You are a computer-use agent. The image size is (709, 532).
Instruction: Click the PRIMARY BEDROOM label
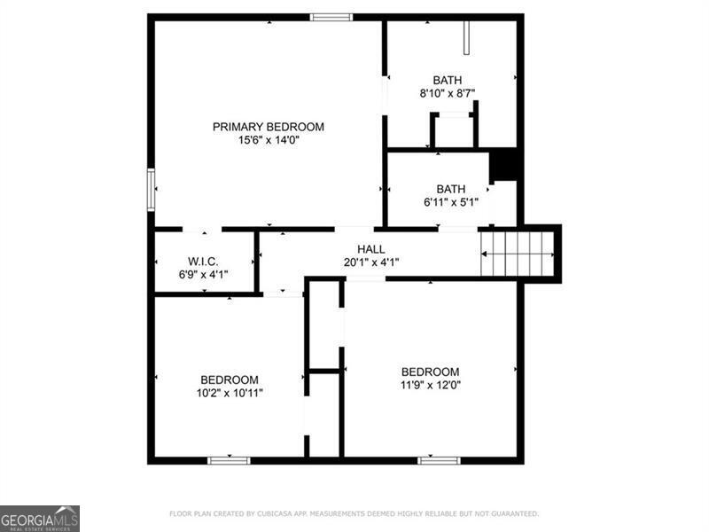click(268, 127)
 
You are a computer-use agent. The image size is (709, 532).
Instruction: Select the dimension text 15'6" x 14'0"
click(268, 140)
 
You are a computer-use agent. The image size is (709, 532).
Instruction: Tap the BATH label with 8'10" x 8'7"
click(447, 81)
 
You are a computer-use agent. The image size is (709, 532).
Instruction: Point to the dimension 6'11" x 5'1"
click(450, 202)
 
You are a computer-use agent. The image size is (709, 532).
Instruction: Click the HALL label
click(370, 249)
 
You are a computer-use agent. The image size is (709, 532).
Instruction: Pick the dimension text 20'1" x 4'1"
click(370, 262)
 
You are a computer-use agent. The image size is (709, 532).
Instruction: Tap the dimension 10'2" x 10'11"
click(229, 393)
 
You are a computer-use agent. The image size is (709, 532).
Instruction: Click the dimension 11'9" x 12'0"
click(430, 385)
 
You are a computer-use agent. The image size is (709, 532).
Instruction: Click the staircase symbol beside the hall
click(518, 253)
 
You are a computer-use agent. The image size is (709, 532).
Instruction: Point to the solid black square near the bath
click(504, 166)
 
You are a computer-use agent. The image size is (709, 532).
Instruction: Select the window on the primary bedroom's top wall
click(331, 17)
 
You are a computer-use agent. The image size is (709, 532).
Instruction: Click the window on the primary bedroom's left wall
click(151, 189)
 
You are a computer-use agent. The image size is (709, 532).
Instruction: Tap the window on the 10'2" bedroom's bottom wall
click(229, 460)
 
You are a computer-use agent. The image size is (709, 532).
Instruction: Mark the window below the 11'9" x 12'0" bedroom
click(439, 460)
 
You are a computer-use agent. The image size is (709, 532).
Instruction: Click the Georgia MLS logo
click(40, 518)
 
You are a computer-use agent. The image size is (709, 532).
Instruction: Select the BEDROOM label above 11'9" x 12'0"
click(430, 372)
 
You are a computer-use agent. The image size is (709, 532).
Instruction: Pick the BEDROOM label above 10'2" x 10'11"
click(229, 379)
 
